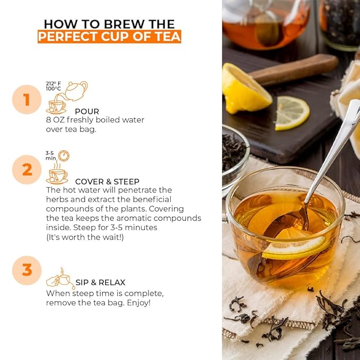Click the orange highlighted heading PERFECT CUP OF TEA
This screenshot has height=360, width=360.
pos(109,37)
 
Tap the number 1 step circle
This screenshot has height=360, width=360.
pos(27,99)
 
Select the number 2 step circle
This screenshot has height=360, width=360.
pos(27,170)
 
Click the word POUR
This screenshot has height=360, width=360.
pos(87,111)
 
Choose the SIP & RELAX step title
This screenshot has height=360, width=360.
pos(100,283)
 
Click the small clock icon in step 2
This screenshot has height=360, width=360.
pos(64,155)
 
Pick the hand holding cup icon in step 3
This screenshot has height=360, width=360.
pos(59,279)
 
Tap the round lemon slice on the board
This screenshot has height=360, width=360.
pos(292,112)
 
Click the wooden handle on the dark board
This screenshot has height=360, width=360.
pos(294,69)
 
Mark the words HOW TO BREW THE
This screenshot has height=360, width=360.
pos(109,23)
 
